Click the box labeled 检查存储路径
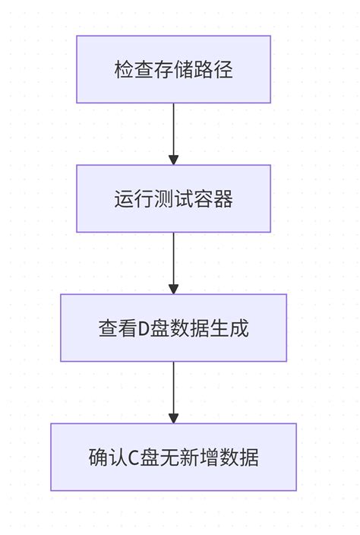(173, 69)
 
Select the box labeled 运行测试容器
(173, 198)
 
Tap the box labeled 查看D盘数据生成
(173, 328)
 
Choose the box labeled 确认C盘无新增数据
(173, 457)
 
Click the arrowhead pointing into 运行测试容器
(173, 160)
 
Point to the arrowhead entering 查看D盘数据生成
(173, 289)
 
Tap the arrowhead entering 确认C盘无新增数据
(173, 418)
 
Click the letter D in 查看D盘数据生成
(144, 328)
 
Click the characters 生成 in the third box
(229, 328)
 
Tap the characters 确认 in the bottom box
(107, 457)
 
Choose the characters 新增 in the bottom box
(199, 457)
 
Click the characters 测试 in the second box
(173, 199)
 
